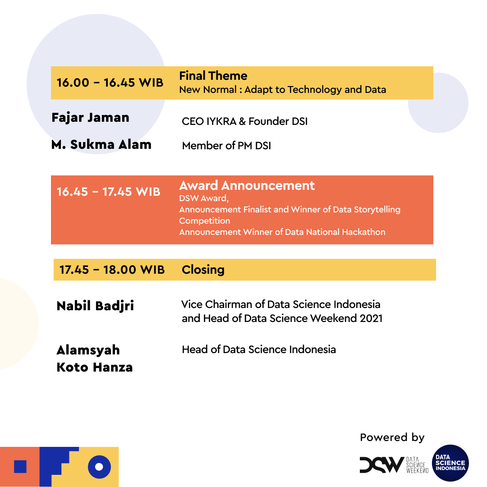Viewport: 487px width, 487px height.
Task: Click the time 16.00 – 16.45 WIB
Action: click(x=110, y=83)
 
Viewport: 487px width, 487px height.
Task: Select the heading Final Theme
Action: click(x=213, y=76)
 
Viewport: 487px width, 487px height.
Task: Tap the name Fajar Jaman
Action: click(x=91, y=118)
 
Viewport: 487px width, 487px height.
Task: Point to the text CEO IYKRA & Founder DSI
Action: click(x=244, y=121)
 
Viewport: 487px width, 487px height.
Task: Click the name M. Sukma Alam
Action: click(x=101, y=145)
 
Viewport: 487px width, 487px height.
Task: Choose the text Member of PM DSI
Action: click(x=226, y=146)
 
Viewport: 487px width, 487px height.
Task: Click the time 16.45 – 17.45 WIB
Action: click(x=109, y=192)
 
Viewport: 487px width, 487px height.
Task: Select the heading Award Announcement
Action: click(x=247, y=186)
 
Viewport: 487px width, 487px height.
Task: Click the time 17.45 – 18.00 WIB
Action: click(x=112, y=270)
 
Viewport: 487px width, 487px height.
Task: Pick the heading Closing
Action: click(x=203, y=270)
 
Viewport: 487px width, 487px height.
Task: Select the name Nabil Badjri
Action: click(x=95, y=306)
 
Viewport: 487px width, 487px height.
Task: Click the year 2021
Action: click(x=371, y=318)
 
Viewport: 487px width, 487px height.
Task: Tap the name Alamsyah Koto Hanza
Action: click(x=95, y=358)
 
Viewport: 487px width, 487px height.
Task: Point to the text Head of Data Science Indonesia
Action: click(x=259, y=349)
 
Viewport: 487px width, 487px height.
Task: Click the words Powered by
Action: click(x=392, y=437)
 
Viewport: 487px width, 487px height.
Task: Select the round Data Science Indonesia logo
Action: click(x=450, y=463)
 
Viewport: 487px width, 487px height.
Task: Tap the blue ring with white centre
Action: click(x=99, y=467)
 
